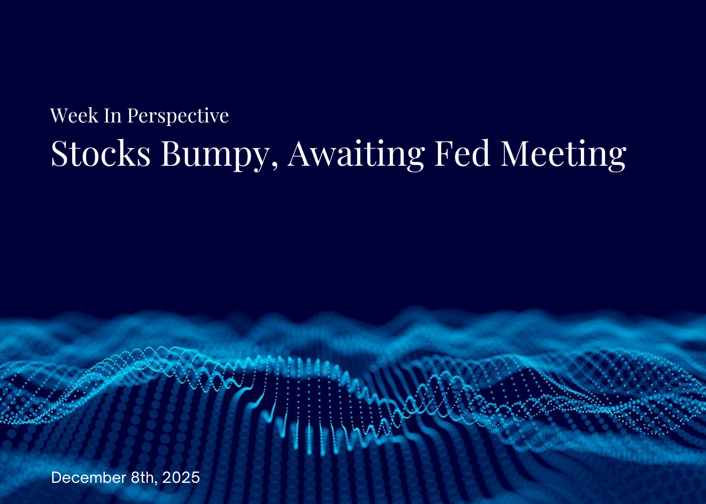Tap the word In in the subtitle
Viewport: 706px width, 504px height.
[113, 116]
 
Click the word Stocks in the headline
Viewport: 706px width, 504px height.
[101, 153]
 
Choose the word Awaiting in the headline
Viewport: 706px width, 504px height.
[356, 154]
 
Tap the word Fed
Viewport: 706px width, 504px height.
[462, 153]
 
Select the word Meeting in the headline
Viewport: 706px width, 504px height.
[563, 154]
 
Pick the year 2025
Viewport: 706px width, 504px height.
[181, 477]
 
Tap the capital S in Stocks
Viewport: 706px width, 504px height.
[60, 153]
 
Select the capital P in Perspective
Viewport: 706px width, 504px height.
[133, 116]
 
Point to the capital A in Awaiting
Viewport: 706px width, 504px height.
[301, 153]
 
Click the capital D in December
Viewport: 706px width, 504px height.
[56, 477]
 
